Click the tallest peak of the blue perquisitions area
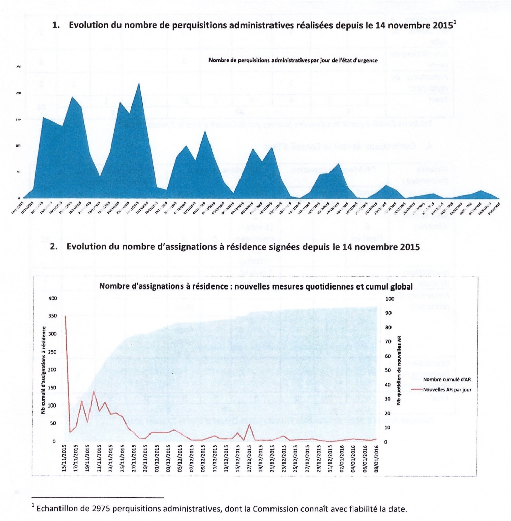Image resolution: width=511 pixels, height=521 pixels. tap(139, 83)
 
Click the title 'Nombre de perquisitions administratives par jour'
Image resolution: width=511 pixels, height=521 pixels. tap(296, 61)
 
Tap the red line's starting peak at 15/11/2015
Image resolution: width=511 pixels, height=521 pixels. tap(65, 316)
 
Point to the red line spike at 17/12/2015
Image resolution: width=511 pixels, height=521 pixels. tap(249, 424)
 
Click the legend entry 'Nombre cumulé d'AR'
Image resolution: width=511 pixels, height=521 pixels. tap(447, 380)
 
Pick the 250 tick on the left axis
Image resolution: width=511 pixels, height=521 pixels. tap(52, 352)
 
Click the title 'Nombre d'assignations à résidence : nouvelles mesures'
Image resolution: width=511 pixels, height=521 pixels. tap(256, 287)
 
